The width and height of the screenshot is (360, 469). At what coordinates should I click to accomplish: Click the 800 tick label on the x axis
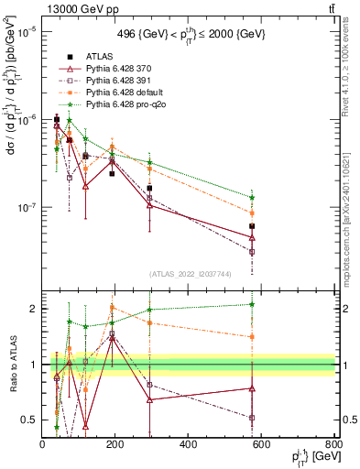click(333, 445)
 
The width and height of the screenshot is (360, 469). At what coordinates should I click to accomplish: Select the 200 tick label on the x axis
click(115, 445)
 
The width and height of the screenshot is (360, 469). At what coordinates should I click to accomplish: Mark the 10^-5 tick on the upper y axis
click(24, 31)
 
